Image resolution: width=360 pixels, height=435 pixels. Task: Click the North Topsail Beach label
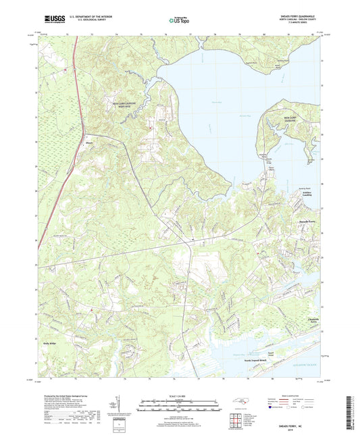(260, 360)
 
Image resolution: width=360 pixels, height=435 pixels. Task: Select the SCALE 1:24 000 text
(178, 396)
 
